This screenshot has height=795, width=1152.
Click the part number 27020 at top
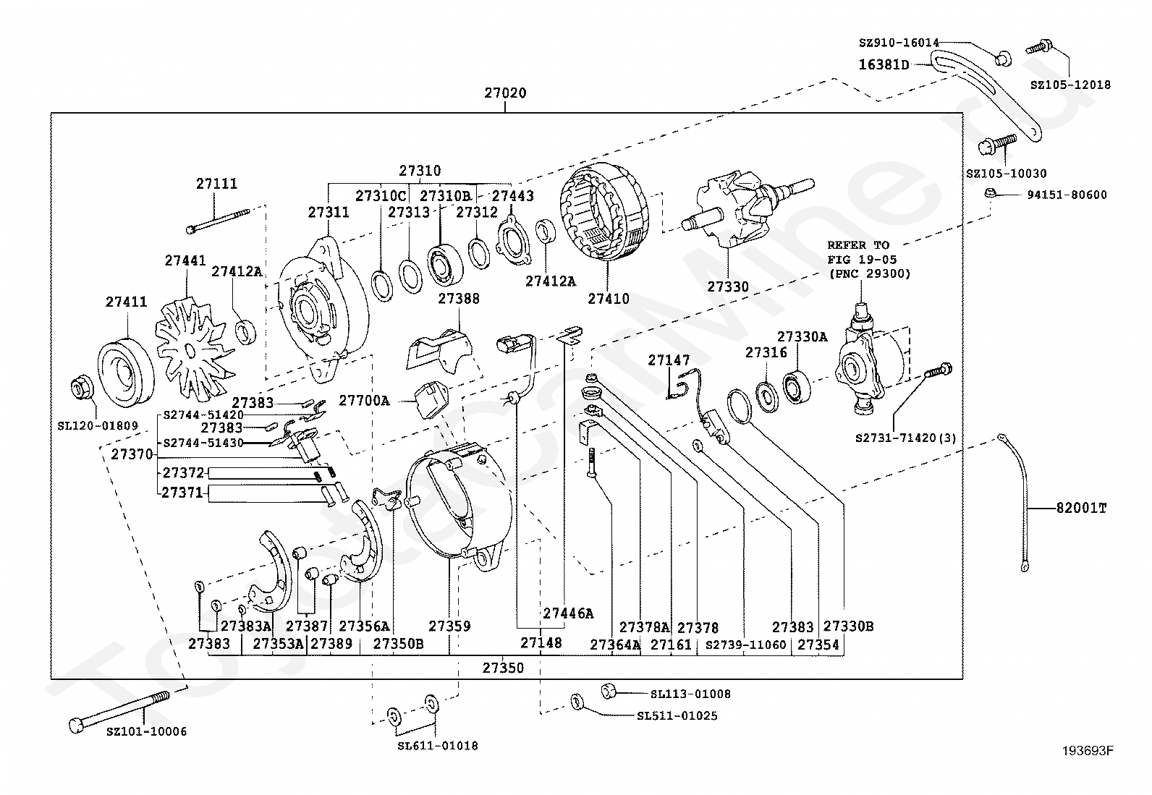click(x=505, y=93)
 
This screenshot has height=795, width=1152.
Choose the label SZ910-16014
click(x=899, y=43)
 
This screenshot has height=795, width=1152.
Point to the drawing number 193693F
click(x=1088, y=751)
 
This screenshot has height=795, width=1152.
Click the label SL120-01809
click(x=97, y=426)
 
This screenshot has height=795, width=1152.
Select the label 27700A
click(x=365, y=400)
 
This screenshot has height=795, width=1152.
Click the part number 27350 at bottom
click(x=503, y=668)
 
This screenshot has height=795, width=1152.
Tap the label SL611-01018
click(x=437, y=746)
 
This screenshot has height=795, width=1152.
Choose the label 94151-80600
click(x=1066, y=195)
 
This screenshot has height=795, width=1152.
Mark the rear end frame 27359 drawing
click(x=460, y=506)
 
